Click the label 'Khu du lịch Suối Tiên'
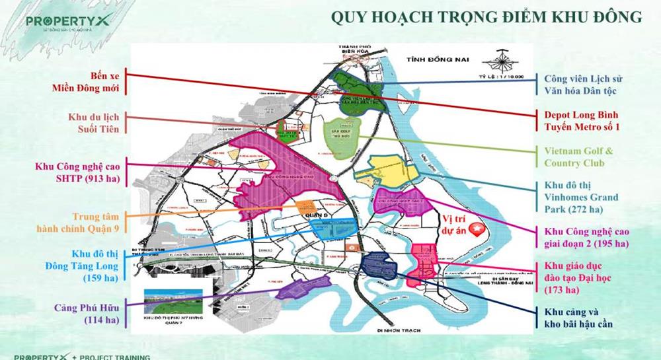94,123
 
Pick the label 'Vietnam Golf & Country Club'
578,157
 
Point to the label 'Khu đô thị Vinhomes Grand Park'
581,197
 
